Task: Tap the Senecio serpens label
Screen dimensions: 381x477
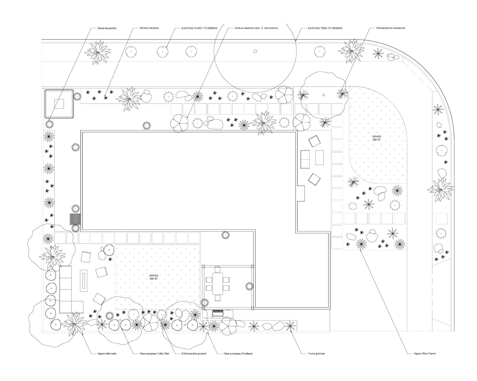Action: click(x=149, y=28)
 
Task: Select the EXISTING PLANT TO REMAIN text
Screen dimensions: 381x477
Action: click(x=199, y=28)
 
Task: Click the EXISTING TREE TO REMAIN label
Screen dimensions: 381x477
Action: click(x=325, y=28)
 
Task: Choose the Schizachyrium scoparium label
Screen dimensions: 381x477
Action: click(x=391, y=28)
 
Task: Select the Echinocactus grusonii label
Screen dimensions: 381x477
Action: click(x=194, y=354)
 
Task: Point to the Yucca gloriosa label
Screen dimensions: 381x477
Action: click(x=316, y=354)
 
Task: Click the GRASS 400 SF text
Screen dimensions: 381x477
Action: click(x=154, y=277)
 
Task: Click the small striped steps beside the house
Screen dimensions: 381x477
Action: click(x=75, y=219)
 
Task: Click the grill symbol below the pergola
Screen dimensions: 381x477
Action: click(x=217, y=314)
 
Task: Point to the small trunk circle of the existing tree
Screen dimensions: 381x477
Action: click(x=255, y=51)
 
